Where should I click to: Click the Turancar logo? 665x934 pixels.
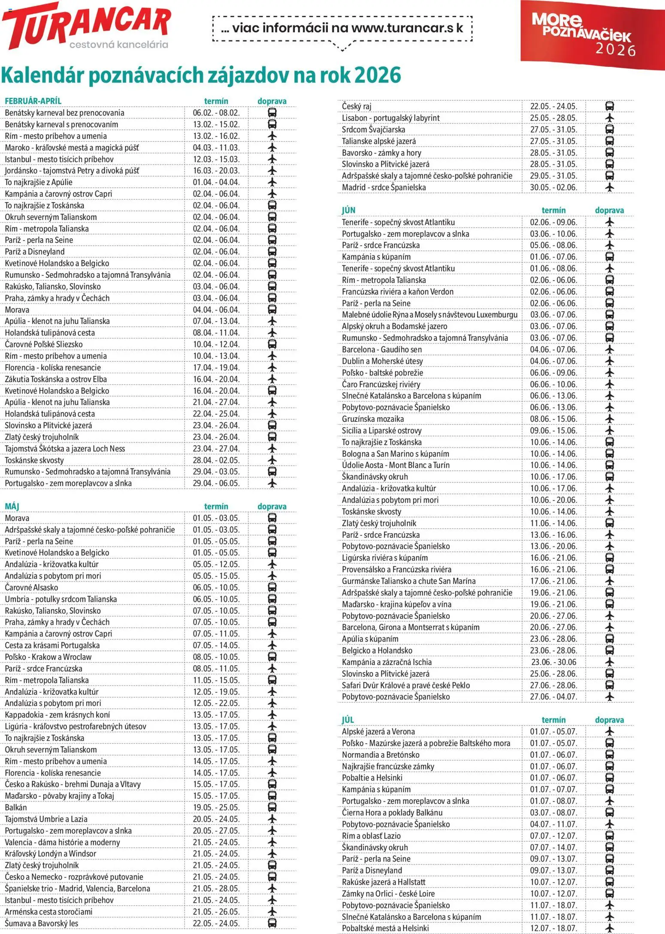click(86, 26)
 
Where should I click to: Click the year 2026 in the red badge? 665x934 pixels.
click(615, 50)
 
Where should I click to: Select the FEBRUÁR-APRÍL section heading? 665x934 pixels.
click(33, 101)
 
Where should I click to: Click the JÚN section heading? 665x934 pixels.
click(348, 210)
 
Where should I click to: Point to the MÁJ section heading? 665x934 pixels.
click(12, 507)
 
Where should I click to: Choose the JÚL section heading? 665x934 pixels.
click(348, 720)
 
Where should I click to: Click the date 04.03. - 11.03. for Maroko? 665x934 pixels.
click(216, 148)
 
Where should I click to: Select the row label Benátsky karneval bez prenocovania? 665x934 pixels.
click(64, 113)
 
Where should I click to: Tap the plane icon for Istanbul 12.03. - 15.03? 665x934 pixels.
click(272, 159)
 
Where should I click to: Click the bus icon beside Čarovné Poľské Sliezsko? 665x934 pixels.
click(272, 344)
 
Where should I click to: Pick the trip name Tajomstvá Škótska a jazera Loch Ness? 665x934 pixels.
click(65, 449)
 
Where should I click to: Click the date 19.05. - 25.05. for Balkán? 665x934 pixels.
click(216, 808)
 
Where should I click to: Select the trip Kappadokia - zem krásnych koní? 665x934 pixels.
click(57, 715)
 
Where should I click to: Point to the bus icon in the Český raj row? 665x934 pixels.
click(609, 106)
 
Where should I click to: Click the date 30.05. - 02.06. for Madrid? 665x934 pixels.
click(553, 187)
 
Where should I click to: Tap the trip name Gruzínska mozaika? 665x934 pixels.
click(372, 419)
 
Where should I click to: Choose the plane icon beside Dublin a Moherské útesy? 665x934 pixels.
click(609, 361)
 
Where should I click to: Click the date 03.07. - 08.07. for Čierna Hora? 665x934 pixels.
click(553, 813)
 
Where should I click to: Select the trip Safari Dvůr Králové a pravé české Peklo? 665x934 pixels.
click(405, 685)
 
